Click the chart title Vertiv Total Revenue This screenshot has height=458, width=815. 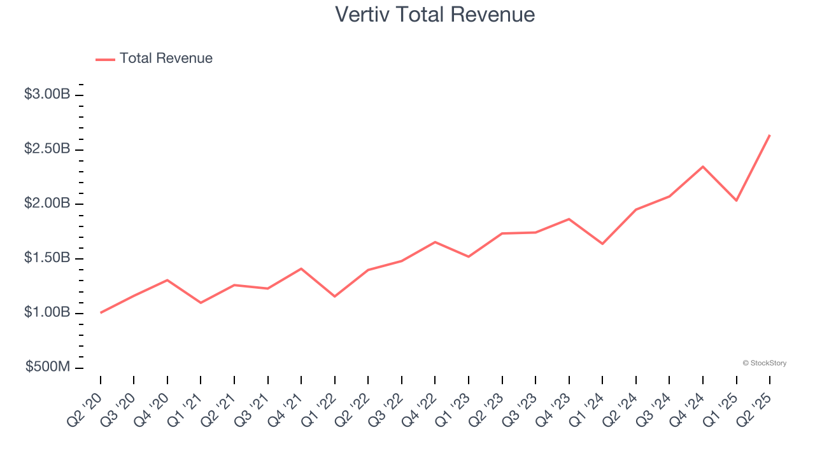click(435, 14)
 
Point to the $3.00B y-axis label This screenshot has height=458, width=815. click(47, 94)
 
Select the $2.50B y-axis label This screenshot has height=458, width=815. click(47, 149)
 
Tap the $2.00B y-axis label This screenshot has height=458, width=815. click(47, 204)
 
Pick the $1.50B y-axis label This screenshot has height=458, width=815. click(47, 258)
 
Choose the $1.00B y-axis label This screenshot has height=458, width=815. click(47, 313)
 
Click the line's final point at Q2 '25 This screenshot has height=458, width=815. click(770, 135)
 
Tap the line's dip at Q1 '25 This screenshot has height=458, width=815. click(737, 200)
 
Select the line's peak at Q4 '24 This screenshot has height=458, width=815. click(703, 167)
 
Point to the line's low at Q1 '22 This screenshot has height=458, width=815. click(335, 296)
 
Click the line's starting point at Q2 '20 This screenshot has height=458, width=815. click(101, 312)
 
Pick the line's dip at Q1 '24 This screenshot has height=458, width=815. click(602, 244)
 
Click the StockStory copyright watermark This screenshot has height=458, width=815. click(764, 363)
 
